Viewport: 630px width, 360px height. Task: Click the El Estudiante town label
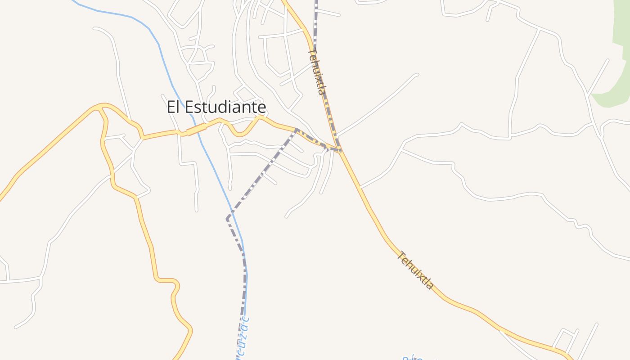click(216, 107)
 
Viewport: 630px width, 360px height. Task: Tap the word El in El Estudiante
click(174, 107)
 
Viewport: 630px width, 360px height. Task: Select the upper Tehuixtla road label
click(316, 72)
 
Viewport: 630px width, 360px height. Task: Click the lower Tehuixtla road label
click(415, 270)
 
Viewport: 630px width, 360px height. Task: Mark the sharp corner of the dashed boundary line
click(227, 219)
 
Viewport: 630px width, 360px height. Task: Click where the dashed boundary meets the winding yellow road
click(296, 130)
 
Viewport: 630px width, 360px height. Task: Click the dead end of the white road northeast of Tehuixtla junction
click(417, 75)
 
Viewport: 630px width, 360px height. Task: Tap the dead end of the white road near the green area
click(607, 60)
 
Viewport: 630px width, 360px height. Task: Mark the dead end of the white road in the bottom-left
click(16, 327)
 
